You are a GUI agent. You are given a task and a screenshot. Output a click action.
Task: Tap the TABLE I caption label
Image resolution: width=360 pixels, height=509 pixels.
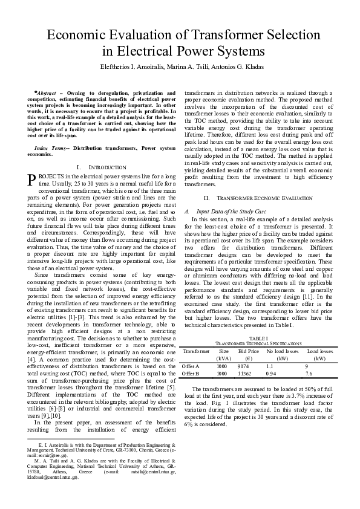258,339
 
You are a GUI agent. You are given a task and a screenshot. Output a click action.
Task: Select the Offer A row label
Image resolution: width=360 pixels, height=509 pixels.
192,366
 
